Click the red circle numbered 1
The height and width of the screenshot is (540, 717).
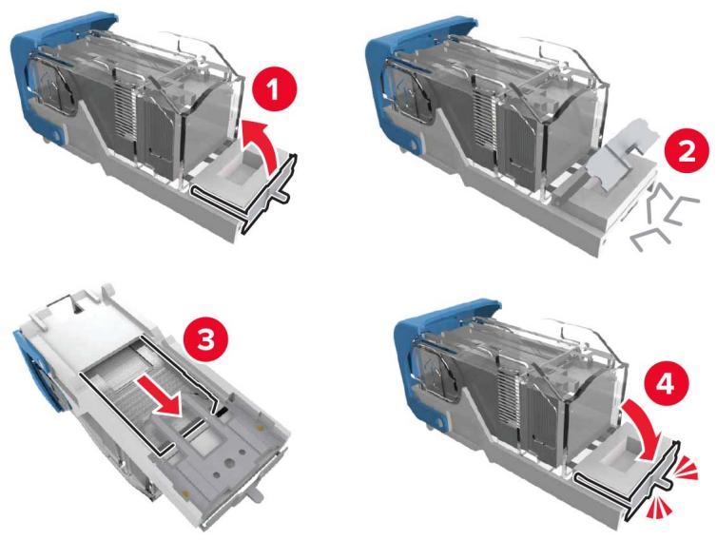pos(274,90)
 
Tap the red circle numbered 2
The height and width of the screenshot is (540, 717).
pos(687,151)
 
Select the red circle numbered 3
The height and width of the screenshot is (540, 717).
pos(205,340)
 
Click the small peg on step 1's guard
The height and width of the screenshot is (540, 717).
pos(281,193)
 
